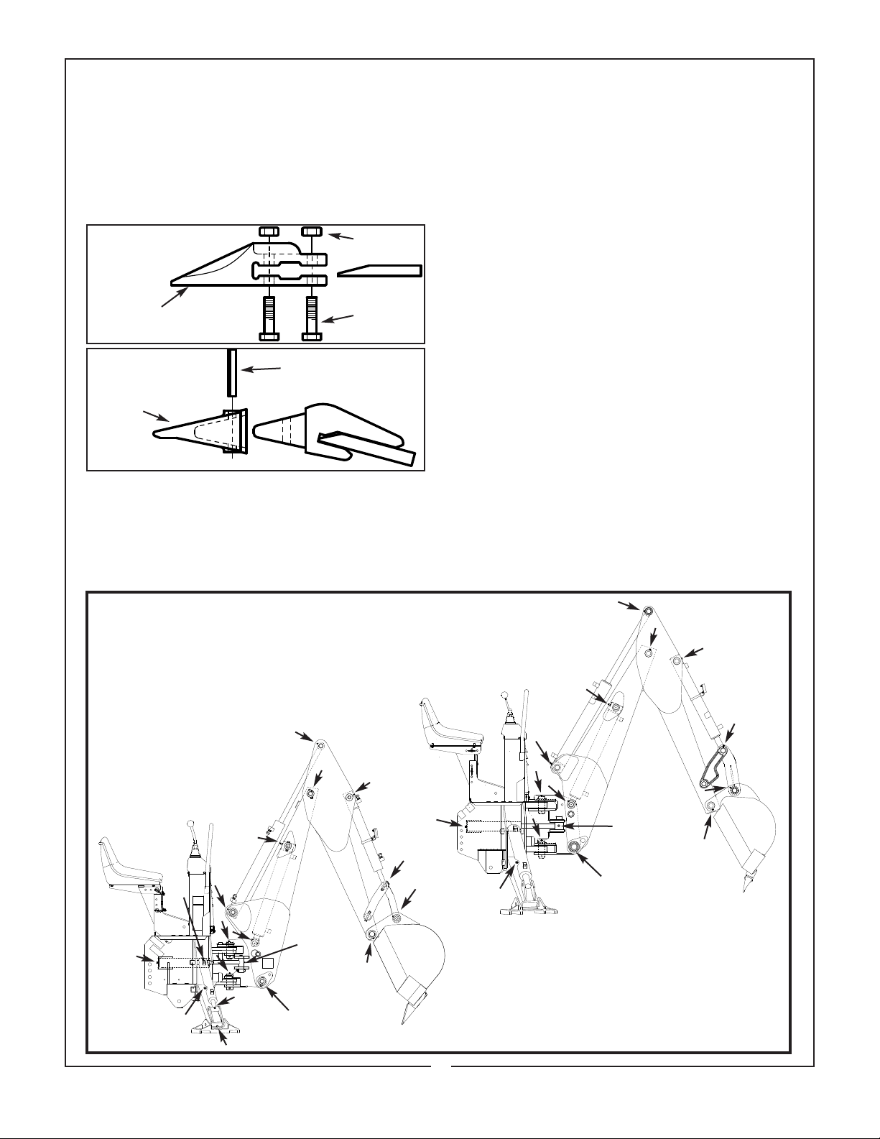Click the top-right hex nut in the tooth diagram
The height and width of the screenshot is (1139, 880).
pos(311,231)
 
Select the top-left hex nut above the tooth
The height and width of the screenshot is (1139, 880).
pos(268,231)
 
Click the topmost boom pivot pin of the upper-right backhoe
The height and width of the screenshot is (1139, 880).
pos(647,611)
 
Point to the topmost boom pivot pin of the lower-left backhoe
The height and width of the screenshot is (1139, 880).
pos(318,745)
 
